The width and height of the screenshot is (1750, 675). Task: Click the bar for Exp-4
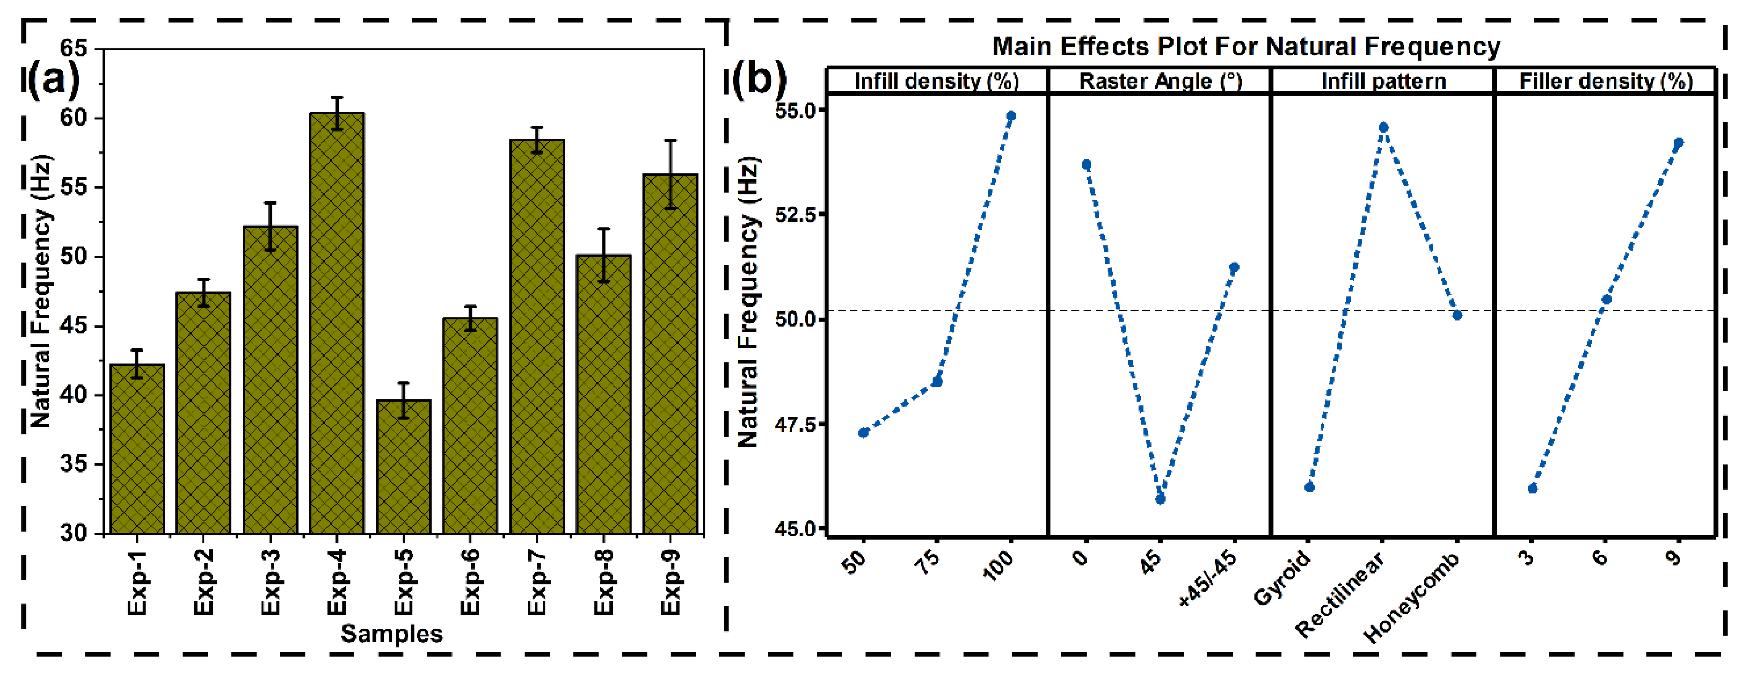tap(336, 323)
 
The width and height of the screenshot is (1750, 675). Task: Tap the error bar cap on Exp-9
tap(671, 141)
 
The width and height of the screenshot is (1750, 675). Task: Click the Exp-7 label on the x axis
tap(537, 583)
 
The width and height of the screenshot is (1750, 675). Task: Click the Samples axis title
tap(391, 634)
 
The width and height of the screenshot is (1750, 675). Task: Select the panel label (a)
tap(53, 79)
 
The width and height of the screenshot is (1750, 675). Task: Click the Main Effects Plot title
tap(1246, 46)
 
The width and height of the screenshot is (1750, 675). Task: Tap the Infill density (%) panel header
tap(936, 81)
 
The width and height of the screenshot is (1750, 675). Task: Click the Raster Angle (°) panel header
tap(1160, 81)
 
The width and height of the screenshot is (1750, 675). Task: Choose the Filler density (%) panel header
tap(1606, 81)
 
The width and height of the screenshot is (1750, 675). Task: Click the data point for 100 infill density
tap(1011, 116)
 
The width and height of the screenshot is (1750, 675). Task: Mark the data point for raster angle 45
tap(1160, 499)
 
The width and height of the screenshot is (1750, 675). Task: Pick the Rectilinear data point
tap(1383, 128)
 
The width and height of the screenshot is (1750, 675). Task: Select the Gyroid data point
tap(1310, 486)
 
